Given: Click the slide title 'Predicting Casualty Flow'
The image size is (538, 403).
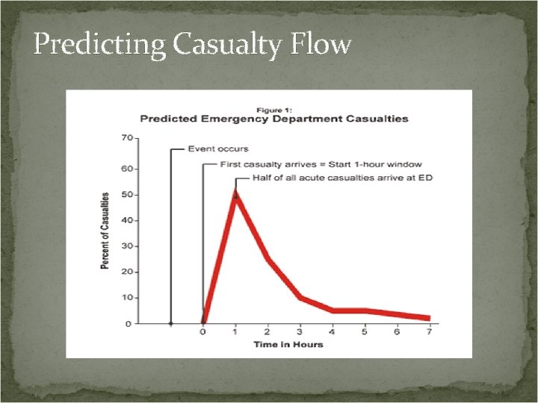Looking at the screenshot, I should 192,45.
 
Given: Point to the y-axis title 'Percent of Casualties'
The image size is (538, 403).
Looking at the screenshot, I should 105,231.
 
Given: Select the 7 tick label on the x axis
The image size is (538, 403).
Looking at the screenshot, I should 429,333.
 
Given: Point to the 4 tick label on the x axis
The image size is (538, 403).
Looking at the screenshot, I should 332,333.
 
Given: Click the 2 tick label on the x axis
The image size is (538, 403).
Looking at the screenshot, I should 268,333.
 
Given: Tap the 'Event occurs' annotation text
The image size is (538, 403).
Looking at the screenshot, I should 218,149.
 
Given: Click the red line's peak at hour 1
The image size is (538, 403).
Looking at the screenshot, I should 236,195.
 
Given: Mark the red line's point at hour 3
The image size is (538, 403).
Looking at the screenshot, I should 300,298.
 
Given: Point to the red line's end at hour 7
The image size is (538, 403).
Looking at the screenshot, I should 428,318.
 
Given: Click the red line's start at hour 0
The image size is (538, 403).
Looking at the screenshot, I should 204,322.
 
